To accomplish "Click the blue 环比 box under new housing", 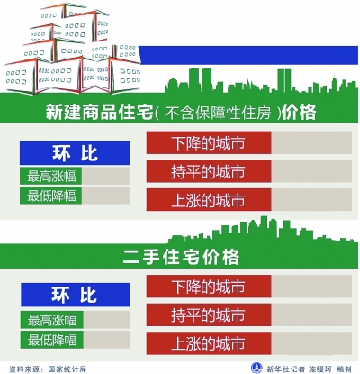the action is click(75, 153).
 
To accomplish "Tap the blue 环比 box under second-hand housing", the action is click(76, 295).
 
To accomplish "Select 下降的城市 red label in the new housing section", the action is click(209, 142).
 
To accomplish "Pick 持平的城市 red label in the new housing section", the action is click(209, 171).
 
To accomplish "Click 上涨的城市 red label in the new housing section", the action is click(209, 199).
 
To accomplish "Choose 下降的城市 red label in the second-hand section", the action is click(209, 287).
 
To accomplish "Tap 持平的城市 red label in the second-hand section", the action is click(209, 315).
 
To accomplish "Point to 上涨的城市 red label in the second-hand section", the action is click(209, 343).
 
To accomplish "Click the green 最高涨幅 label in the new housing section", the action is click(51, 176).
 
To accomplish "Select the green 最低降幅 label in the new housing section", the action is click(51, 196).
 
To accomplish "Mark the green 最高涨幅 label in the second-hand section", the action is click(52, 320).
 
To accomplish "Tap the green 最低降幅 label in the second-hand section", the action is click(52, 340).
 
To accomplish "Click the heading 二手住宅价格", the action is click(181, 257).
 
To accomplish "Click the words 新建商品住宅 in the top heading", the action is click(99, 113).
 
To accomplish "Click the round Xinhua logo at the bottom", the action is click(256, 368).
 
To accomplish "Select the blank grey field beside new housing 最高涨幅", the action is click(105, 176).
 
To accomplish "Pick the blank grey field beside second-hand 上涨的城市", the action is click(311, 343).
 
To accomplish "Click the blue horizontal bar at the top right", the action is click(249, 55).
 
